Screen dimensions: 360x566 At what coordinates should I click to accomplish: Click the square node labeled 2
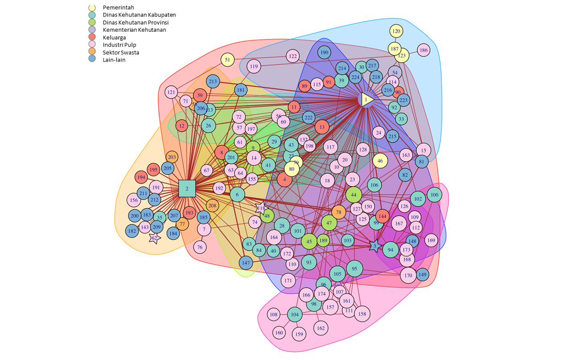point(187,188)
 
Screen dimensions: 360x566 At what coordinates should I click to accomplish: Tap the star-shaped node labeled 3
point(375,246)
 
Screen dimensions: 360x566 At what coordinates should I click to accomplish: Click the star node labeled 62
point(154,238)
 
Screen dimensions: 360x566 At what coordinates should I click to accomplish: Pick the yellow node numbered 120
point(396,31)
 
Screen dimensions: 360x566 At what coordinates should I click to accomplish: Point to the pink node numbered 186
point(424,50)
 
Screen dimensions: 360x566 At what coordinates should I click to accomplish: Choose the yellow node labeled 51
point(228,60)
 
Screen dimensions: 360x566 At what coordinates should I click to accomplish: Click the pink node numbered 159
point(299,334)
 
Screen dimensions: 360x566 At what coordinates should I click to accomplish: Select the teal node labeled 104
point(295,314)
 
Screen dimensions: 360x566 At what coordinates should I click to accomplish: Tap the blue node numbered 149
point(422,274)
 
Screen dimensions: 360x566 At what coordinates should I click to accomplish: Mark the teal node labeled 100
point(434,195)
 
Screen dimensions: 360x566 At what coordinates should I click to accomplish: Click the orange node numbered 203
point(172,157)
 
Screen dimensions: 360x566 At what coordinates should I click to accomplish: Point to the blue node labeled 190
point(325,53)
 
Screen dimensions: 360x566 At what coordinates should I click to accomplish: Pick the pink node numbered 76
point(200,247)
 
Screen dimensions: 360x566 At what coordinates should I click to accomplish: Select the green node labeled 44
point(354,195)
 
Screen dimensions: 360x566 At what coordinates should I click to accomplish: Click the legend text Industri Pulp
point(119,45)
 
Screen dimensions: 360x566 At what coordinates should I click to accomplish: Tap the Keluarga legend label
point(114,38)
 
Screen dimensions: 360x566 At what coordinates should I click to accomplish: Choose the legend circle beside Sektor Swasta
point(92,52)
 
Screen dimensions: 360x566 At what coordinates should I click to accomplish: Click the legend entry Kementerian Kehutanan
point(134,30)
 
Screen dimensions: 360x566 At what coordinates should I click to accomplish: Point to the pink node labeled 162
point(320,328)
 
